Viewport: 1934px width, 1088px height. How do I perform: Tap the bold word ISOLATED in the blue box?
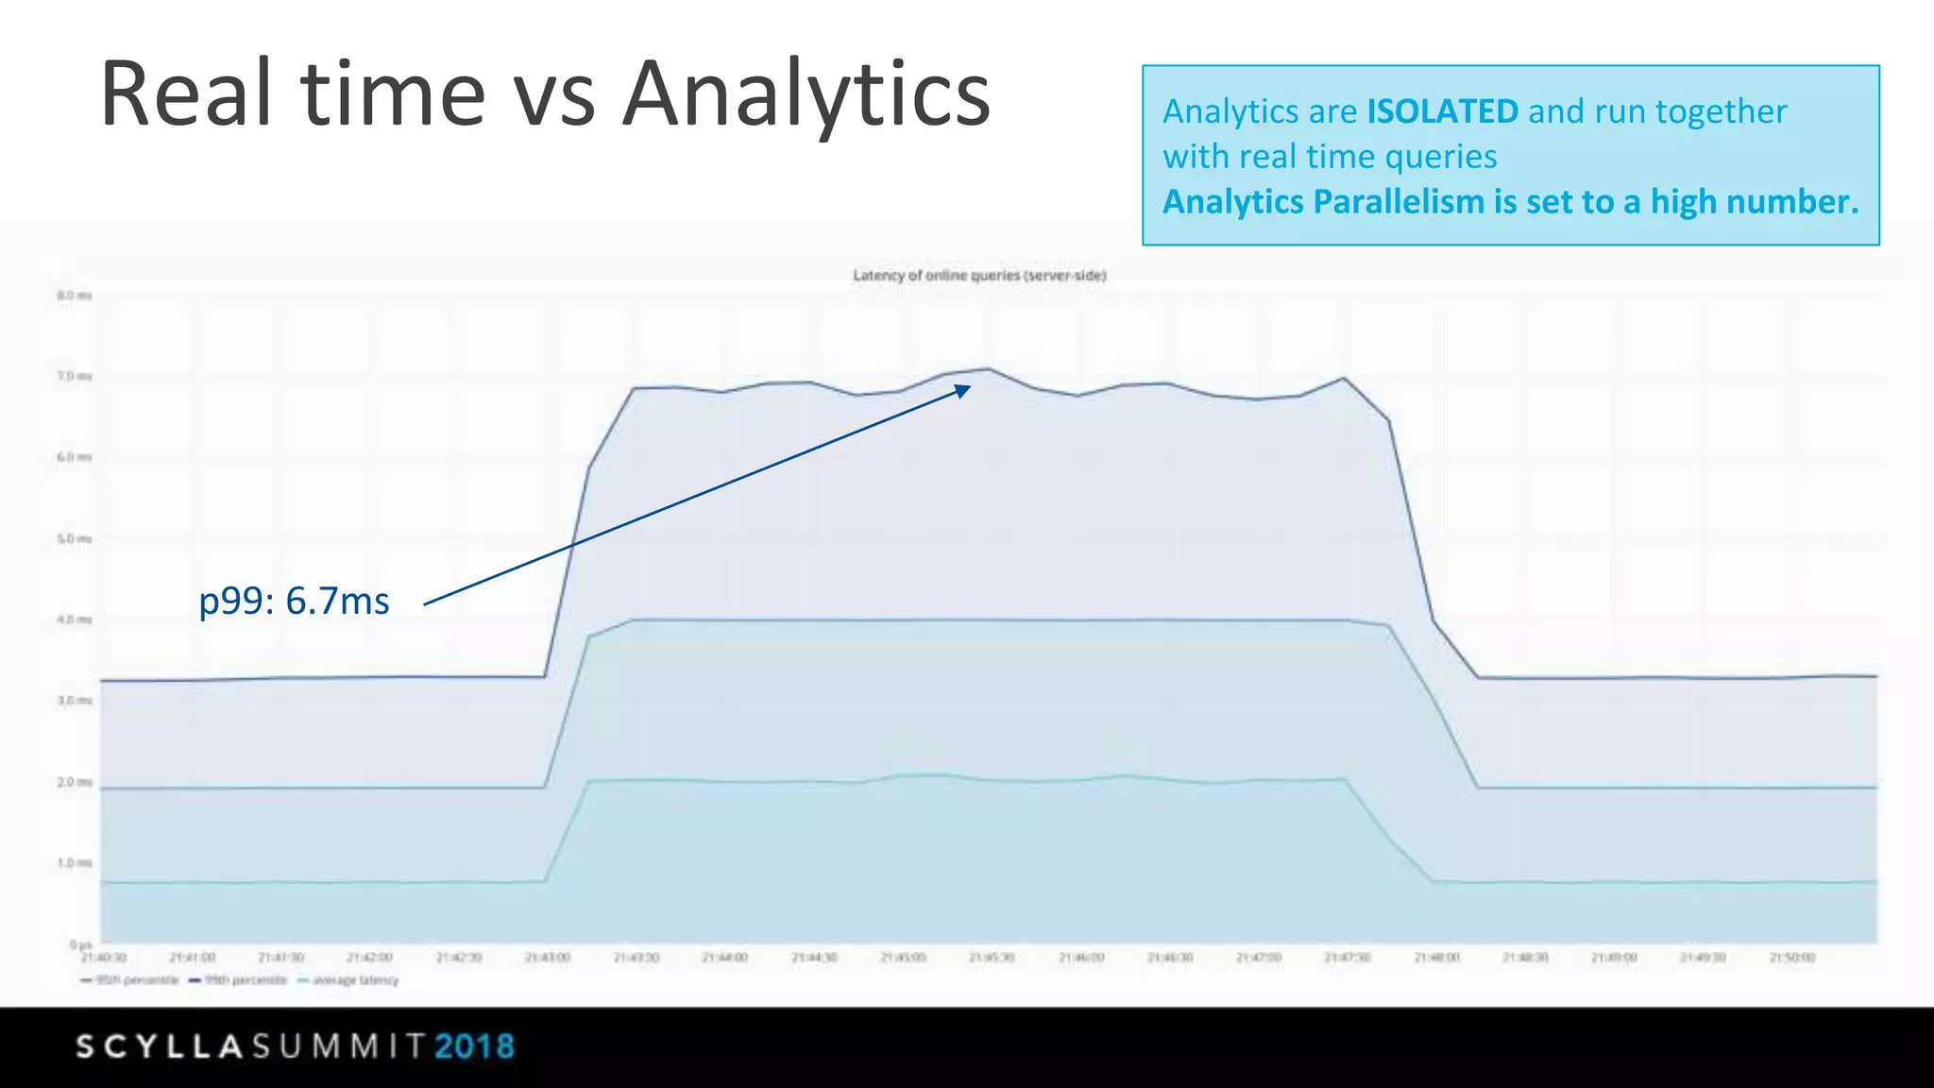tap(1442, 111)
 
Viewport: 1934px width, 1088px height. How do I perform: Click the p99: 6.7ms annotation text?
tap(294, 601)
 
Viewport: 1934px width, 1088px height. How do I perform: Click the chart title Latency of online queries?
tap(979, 276)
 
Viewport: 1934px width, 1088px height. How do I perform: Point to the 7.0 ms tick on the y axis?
tap(75, 376)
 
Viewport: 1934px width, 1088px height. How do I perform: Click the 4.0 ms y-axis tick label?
tap(75, 620)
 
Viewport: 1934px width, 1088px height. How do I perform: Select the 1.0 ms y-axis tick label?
tap(75, 862)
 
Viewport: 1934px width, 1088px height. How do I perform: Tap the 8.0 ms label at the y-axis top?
tap(75, 296)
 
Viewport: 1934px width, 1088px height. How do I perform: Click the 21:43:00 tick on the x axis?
tap(548, 958)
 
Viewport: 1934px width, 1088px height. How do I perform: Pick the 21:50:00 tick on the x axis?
tap(1791, 958)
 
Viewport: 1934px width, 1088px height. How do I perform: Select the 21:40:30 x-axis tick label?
tap(104, 958)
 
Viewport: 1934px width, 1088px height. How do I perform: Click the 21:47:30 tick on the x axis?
tap(1347, 958)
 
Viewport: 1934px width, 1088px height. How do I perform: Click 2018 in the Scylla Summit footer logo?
tap(475, 1046)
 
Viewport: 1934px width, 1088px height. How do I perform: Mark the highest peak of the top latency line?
tap(989, 368)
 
